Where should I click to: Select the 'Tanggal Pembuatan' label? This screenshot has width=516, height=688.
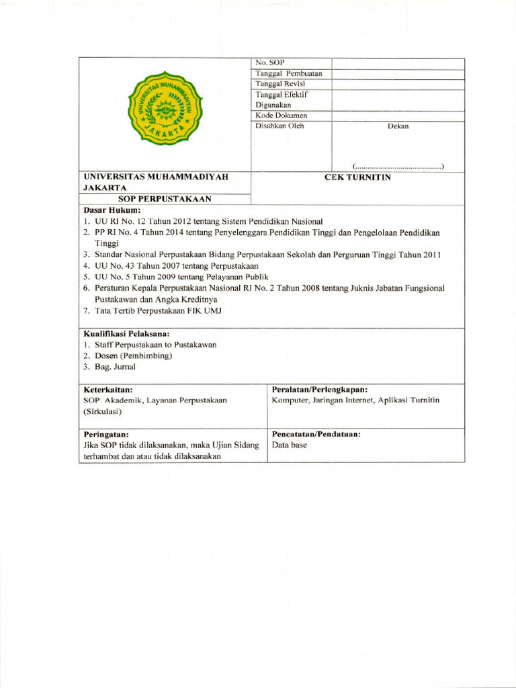[x=288, y=73]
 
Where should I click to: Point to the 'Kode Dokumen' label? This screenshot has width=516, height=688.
[x=281, y=116]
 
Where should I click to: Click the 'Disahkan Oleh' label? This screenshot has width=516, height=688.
[x=279, y=126]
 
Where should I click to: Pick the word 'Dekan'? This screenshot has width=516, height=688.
[x=398, y=126]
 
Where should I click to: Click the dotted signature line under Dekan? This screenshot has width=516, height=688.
[x=398, y=165]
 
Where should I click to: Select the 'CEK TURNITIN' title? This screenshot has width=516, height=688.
[x=357, y=177]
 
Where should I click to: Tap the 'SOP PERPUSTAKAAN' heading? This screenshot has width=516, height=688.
[x=165, y=199]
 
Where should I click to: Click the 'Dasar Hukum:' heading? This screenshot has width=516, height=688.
[x=111, y=210]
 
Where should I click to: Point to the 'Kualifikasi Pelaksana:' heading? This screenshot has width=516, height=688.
[x=126, y=333]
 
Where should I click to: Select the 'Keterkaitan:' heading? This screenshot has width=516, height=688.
[x=107, y=390]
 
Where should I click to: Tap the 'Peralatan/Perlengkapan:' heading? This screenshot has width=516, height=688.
[x=319, y=390]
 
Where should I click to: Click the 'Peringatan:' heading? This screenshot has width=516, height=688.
[x=106, y=434]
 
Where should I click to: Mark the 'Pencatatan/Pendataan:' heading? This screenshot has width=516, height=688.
[x=316, y=434]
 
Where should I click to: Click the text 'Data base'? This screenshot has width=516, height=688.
[x=289, y=445]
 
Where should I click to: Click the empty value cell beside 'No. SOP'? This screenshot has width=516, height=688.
[x=397, y=63]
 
